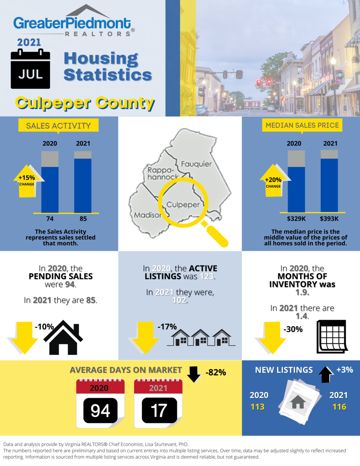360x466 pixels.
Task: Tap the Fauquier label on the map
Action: (x=196, y=164)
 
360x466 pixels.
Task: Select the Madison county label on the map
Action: (x=147, y=215)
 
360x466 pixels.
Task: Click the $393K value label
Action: (x=329, y=218)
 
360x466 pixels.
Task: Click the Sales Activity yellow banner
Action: (x=58, y=126)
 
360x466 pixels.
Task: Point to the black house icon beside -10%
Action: (x=63, y=337)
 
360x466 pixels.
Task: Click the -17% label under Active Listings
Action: (x=167, y=327)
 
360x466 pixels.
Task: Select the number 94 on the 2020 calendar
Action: (x=100, y=410)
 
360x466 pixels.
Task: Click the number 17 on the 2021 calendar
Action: (x=159, y=410)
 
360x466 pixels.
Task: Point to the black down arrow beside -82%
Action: (x=194, y=373)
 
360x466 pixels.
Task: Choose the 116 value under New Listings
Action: (x=339, y=407)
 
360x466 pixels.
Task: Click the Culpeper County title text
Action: (x=85, y=103)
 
